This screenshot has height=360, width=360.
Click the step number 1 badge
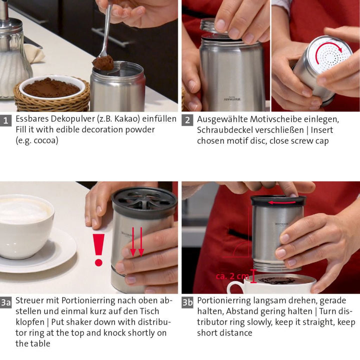5,120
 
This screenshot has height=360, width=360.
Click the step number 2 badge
187,120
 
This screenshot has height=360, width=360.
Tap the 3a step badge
5,302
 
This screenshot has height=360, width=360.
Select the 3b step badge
187,302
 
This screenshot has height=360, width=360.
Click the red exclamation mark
98,250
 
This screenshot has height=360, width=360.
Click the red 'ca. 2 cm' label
232,276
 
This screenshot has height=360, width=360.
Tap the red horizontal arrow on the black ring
282,202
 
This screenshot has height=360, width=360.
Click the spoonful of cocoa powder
103,62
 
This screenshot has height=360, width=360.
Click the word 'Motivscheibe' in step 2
275,119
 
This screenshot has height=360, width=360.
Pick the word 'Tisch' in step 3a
148,311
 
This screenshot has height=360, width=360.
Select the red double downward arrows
137,242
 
